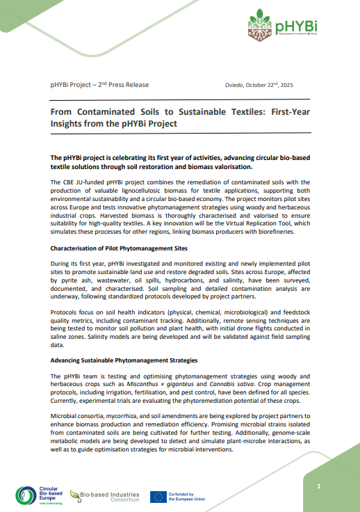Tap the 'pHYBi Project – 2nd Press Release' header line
pos(99,85)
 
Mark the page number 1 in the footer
pos(319,486)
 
